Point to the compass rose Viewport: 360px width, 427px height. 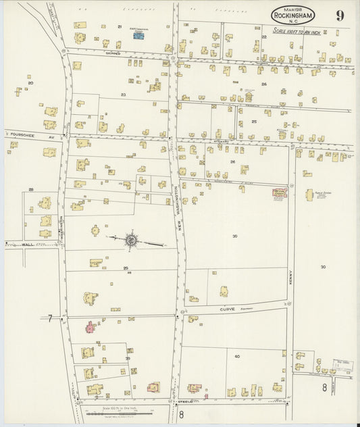(x=132, y=240)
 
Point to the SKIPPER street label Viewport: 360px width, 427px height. (x=113, y=52)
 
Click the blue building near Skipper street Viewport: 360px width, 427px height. (x=138, y=35)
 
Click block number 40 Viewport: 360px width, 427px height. (x=237, y=355)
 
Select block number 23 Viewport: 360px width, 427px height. (x=124, y=95)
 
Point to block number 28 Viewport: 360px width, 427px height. (x=30, y=190)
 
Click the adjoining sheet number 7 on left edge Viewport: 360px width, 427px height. (x=49, y=318)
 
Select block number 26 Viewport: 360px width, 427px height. (x=232, y=161)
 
